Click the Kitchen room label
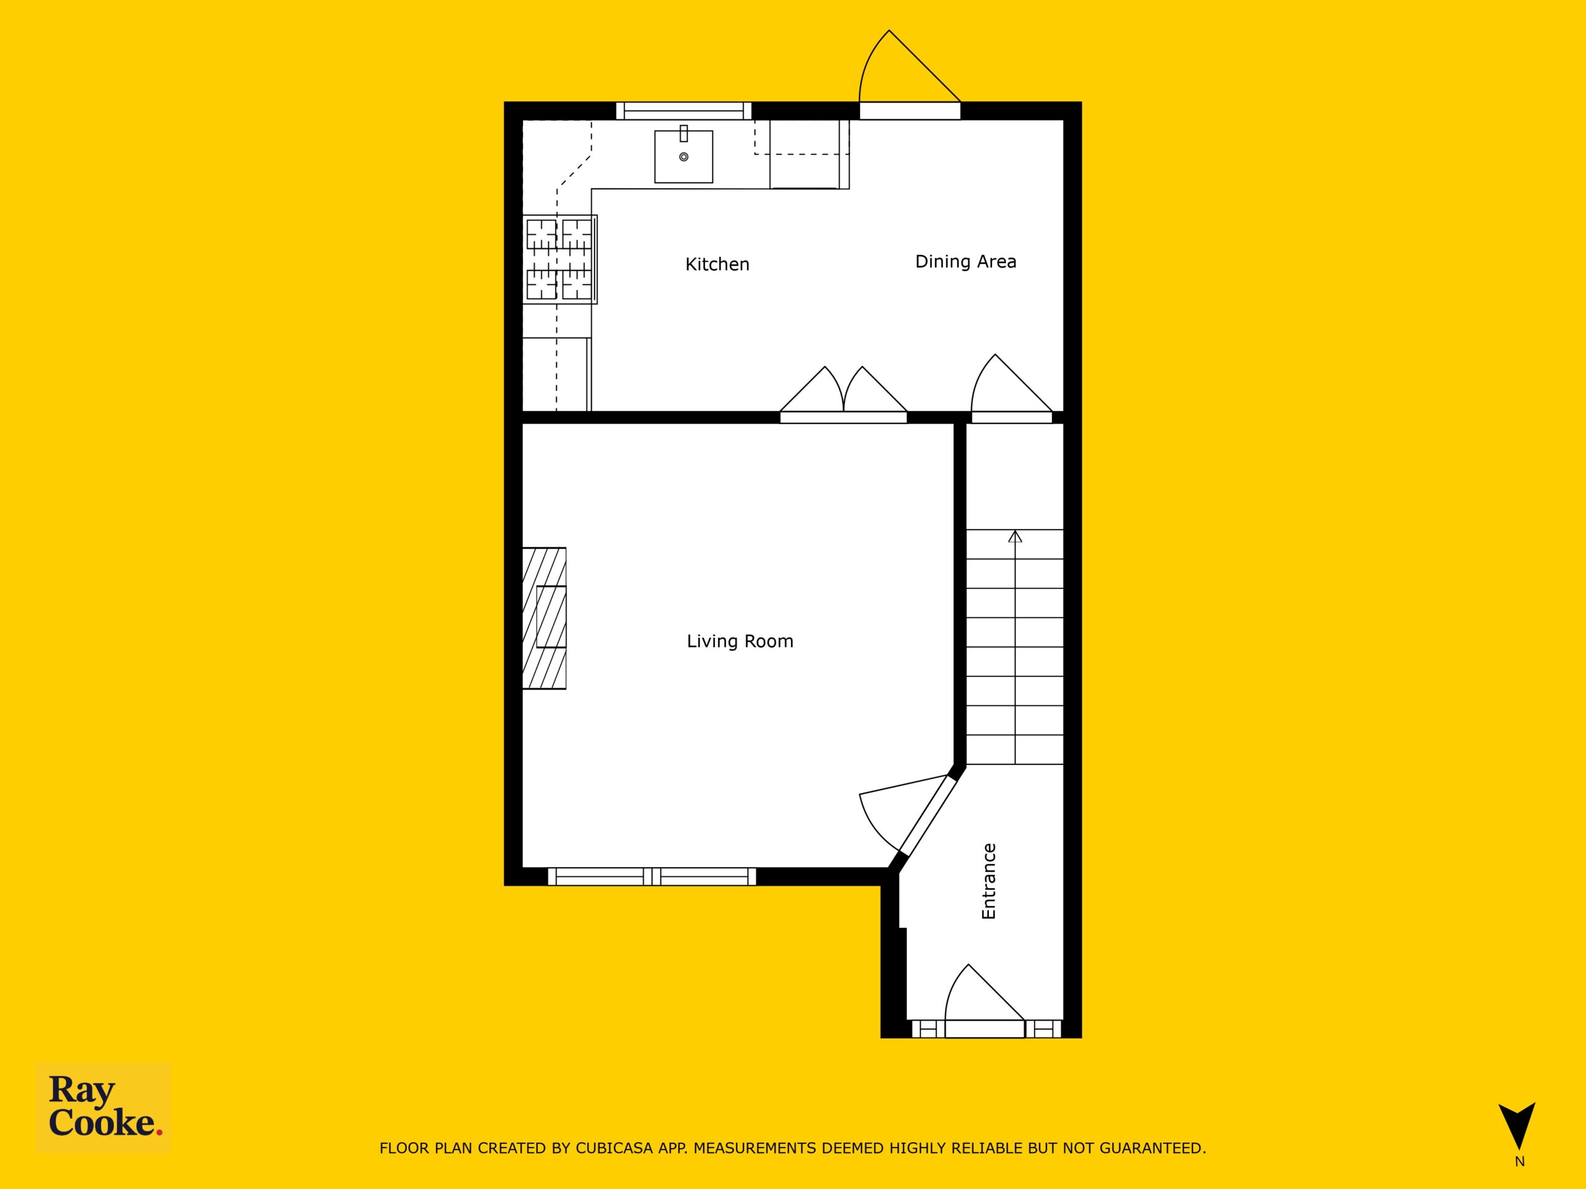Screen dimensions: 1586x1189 717,264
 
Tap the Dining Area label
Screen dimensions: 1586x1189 966,261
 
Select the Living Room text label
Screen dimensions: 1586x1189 740,642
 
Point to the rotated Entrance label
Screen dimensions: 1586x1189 989,882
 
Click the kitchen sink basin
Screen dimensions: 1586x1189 683,156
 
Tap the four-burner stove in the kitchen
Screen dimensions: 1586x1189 560,259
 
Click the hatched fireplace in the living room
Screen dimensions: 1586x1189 544,618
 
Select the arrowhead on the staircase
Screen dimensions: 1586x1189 1015,536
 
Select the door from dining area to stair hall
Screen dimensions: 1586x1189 1012,388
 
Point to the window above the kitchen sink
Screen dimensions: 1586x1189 684,110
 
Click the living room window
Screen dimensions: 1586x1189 652,876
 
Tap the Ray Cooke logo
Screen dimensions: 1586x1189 104,1107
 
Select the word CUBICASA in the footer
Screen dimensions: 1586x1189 615,1148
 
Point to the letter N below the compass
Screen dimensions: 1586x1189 1519,1162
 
